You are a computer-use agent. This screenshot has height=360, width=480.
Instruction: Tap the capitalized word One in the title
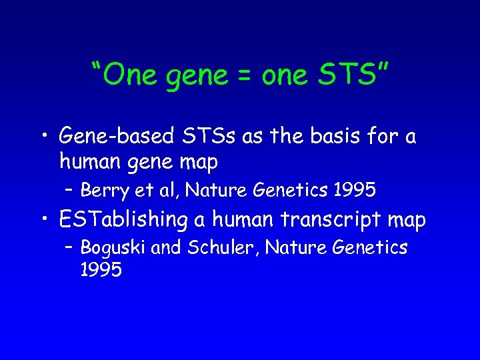(x=128, y=76)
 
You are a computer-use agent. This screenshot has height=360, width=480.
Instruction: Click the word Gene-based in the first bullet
(x=115, y=137)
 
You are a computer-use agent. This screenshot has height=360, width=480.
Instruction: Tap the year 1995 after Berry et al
(x=353, y=191)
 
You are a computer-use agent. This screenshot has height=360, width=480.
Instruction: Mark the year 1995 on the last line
(x=101, y=269)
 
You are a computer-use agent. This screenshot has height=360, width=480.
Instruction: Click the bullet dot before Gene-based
(x=45, y=138)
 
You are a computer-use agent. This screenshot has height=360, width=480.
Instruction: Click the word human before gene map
(x=89, y=161)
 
